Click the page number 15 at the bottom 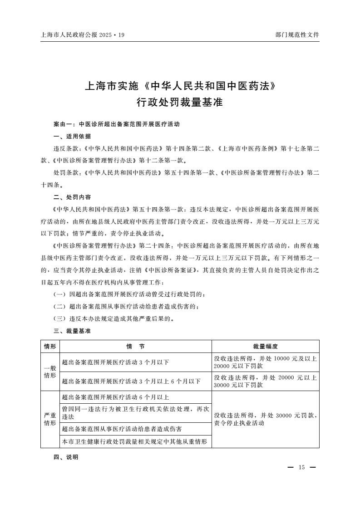[x=302, y=468]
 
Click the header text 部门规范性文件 [x=297, y=34]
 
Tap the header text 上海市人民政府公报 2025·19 [x=82, y=34]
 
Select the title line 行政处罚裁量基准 [x=180, y=102]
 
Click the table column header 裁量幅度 [x=265, y=346]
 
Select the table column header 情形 [x=50, y=346]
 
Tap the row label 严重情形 [x=50, y=419]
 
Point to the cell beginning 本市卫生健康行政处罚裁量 [x=134, y=441]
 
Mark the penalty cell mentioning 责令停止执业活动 [x=265, y=419]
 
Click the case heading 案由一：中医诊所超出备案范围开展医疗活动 [x=117, y=124]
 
